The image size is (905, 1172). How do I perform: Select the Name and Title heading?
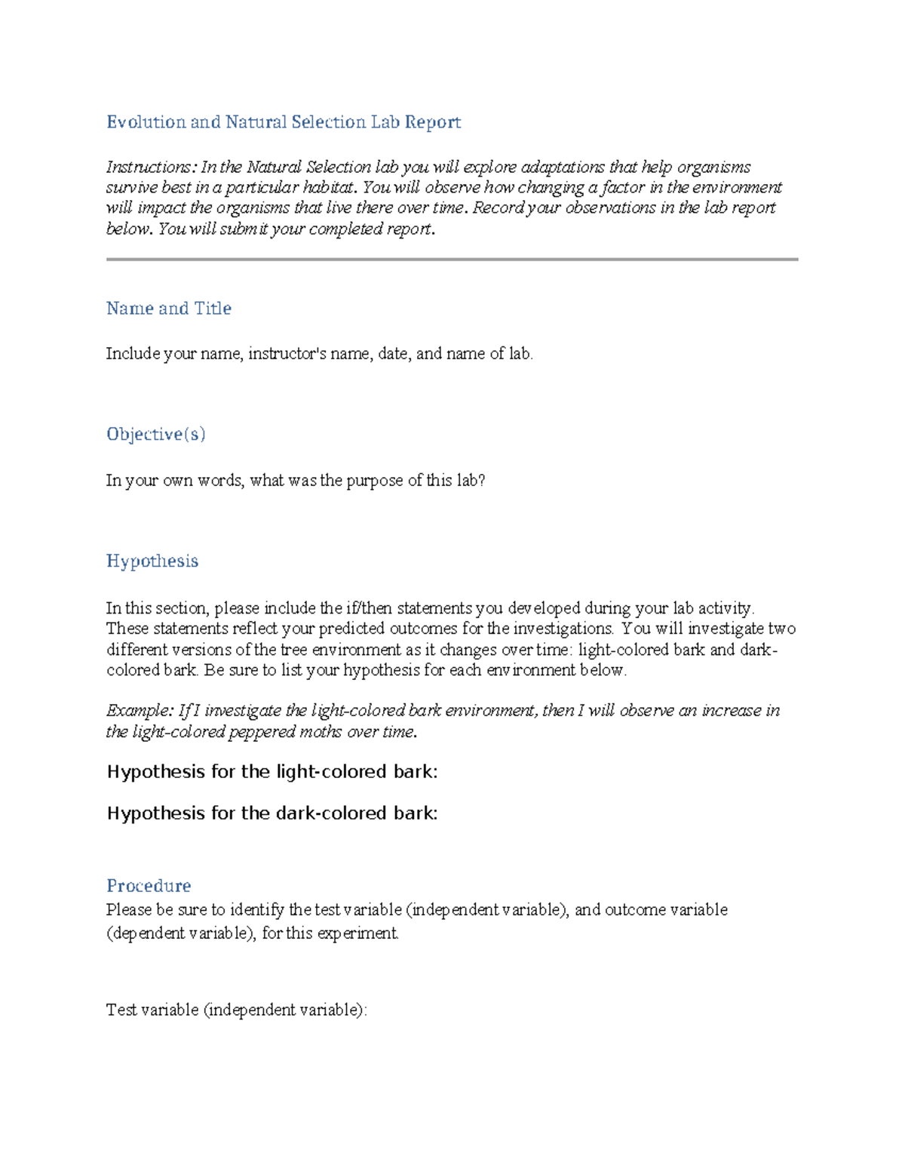[168, 309]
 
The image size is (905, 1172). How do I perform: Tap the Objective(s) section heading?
[155, 435]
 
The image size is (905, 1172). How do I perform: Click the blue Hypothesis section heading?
[152, 561]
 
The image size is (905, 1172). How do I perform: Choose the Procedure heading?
[148, 886]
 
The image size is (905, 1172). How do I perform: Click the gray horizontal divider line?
[452, 260]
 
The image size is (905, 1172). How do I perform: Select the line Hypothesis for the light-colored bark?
[271, 772]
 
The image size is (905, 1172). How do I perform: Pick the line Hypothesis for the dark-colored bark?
[271, 814]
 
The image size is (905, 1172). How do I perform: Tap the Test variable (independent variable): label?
[236, 1011]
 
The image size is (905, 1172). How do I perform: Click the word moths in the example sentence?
[324, 732]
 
